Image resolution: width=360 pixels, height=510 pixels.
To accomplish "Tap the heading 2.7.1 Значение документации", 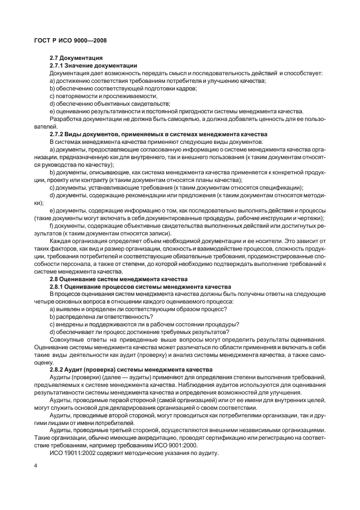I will click(x=93, y=65).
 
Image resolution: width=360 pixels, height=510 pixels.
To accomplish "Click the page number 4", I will click(x=35, y=465).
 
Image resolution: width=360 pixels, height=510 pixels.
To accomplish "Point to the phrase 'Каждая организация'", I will click(x=79, y=240).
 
